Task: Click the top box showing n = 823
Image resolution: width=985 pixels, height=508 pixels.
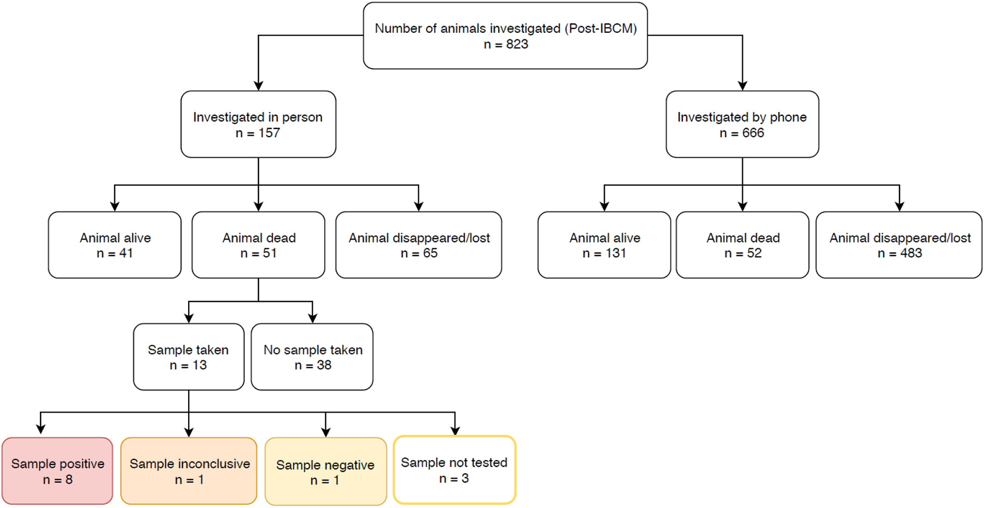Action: click(505, 35)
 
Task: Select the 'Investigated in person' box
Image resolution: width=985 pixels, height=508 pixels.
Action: click(258, 124)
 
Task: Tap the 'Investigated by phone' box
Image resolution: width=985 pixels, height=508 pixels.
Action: click(742, 124)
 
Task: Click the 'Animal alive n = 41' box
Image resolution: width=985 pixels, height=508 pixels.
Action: click(115, 245)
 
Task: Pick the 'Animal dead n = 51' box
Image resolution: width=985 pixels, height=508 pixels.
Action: click(258, 245)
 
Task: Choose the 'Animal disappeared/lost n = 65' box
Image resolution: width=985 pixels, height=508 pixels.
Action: click(418, 245)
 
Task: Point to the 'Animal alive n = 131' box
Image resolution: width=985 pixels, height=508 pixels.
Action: click(604, 245)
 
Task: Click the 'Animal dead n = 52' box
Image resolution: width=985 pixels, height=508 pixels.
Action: click(742, 245)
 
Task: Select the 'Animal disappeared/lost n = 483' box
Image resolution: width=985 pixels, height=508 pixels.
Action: click(899, 245)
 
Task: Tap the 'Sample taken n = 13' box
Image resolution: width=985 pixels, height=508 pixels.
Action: click(188, 357)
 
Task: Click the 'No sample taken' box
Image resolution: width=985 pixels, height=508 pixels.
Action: click(312, 357)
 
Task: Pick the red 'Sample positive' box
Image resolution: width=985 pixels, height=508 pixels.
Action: click(57, 471)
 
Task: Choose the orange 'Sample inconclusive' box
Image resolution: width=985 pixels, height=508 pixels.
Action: click(189, 471)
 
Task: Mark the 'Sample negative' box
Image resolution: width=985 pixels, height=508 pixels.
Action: click(325, 471)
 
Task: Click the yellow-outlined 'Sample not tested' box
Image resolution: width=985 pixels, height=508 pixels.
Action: click(454, 470)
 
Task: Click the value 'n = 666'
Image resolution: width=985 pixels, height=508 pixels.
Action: click(742, 133)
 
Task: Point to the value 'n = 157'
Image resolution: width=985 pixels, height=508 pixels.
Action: click(258, 133)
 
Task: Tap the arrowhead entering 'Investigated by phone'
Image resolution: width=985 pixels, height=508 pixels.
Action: click(742, 86)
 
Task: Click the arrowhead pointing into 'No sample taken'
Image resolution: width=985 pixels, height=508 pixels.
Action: click(313, 318)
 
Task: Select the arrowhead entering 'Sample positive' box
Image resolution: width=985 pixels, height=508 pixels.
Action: click(41, 429)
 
